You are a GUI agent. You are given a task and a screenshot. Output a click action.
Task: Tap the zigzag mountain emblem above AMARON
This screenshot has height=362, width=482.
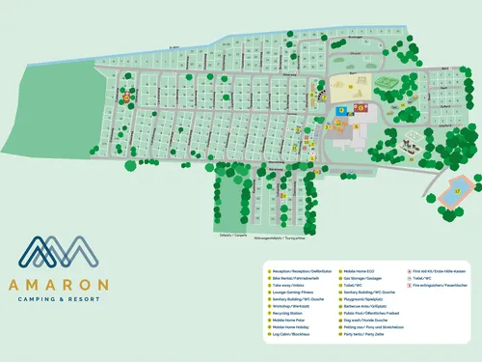[59, 253]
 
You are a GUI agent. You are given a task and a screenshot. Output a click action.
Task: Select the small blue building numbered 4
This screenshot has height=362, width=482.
[339, 112]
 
